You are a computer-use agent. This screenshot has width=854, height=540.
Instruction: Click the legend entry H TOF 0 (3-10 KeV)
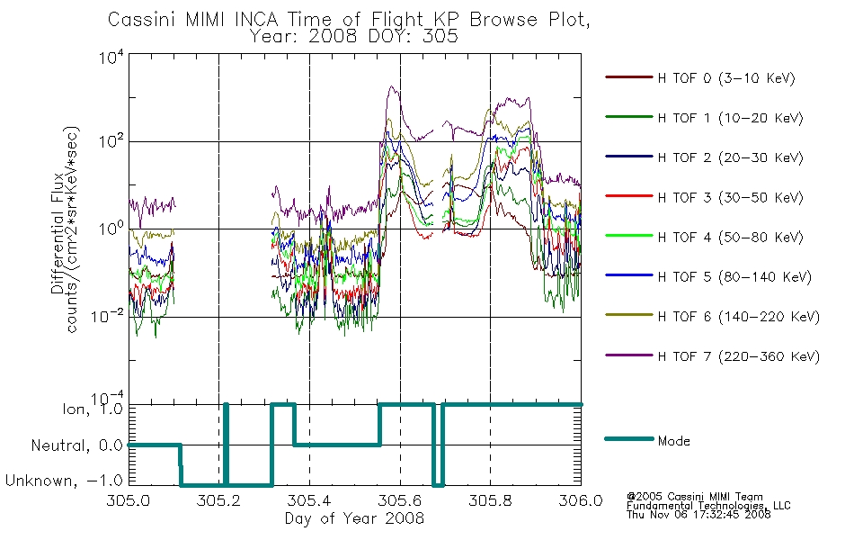point(726,78)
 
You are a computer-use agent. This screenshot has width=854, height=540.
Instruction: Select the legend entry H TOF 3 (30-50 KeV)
point(730,197)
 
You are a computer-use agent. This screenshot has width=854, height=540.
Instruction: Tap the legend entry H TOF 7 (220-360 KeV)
point(738,356)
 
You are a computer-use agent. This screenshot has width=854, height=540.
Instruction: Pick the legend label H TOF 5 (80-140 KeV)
point(734,277)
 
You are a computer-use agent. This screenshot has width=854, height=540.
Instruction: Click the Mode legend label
point(673,441)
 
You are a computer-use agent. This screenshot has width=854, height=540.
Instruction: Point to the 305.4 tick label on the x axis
point(309,500)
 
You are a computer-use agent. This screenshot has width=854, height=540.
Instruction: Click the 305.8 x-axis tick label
point(490,500)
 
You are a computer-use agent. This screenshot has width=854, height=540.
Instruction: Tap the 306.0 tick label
point(581,500)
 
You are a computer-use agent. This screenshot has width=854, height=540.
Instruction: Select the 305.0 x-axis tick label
point(129,500)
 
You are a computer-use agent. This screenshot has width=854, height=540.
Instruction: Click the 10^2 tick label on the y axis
point(111,140)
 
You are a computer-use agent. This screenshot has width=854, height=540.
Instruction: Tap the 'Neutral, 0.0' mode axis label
point(76,445)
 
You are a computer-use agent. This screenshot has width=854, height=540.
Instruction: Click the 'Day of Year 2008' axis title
point(354,518)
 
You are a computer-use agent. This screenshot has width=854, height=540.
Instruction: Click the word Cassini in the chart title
point(143,20)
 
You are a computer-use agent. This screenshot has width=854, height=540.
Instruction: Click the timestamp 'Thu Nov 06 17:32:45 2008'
point(698,515)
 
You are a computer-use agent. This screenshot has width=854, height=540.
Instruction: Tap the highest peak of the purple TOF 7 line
point(390,86)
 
